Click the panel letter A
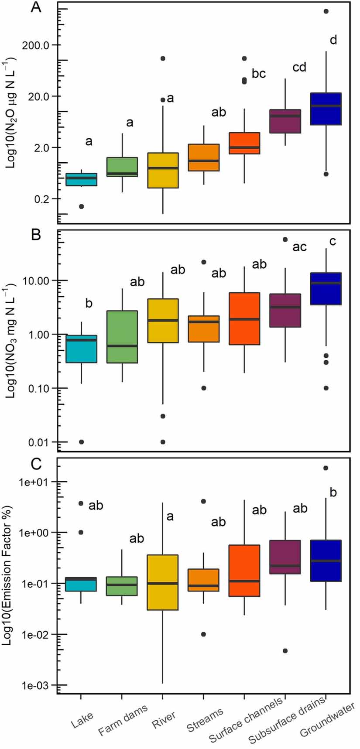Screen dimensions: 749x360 tap(36, 7)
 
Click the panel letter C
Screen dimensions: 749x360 tap(36, 464)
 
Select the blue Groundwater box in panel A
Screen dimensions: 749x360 tap(326, 109)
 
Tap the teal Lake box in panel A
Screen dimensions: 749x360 tap(81, 179)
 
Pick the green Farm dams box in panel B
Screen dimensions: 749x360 tap(122, 337)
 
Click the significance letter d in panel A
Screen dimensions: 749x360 tap(333, 40)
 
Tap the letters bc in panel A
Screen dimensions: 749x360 tap(259, 74)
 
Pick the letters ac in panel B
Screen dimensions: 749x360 tap(299, 247)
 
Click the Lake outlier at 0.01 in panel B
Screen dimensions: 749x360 tap(81, 442)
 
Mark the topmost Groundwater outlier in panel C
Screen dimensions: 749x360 tap(326, 468)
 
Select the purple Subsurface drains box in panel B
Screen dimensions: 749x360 tap(285, 310)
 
